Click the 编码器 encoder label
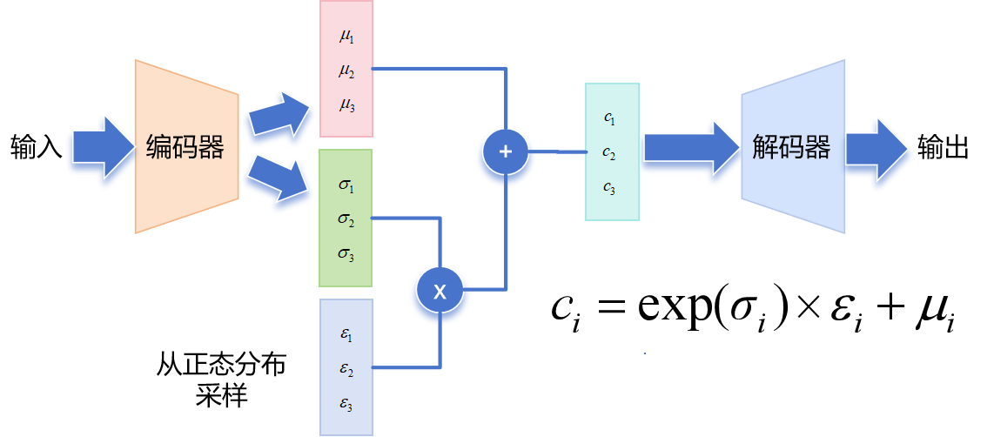point(185,147)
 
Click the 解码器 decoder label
point(791,147)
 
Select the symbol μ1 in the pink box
point(346,38)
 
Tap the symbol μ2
point(346,71)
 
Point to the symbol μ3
point(346,105)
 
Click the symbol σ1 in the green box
point(346,185)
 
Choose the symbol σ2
point(346,219)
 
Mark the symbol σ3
point(346,254)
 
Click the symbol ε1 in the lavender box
point(346,335)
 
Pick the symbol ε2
point(346,369)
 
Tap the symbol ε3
point(346,405)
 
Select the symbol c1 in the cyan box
point(609,118)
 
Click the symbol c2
point(609,152)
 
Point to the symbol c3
point(609,186)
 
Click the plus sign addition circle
point(506,151)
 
